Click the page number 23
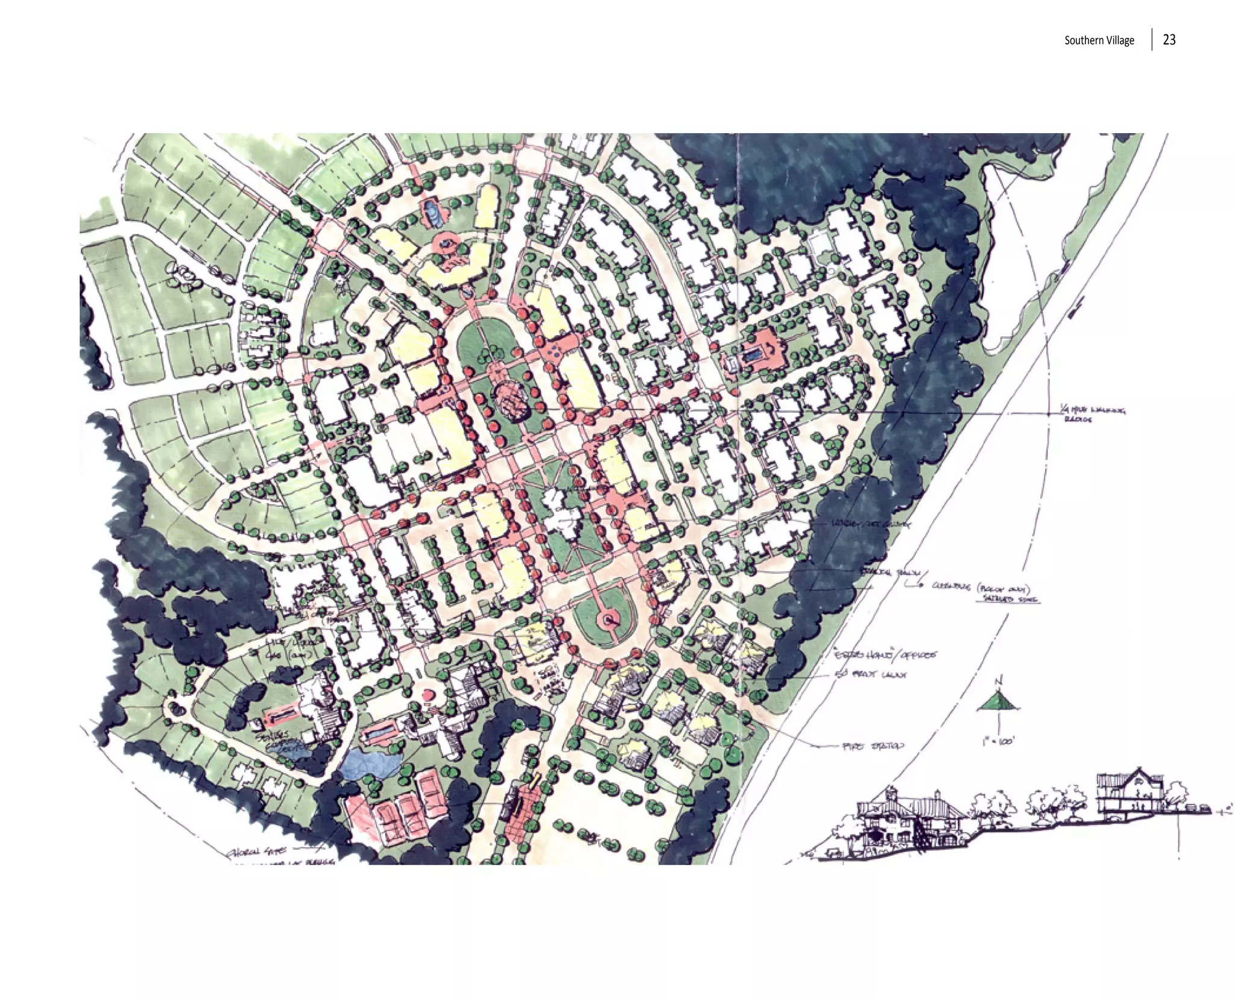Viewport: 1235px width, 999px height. pyautogui.click(x=1169, y=40)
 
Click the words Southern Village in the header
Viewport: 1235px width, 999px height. pyautogui.click(x=1099, y=40)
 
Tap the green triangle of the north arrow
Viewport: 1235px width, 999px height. pyautogui.click(x=998, y=701)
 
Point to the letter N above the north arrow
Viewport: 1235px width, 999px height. pyautogui.click(x=998, y=682)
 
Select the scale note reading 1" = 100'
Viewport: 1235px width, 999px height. pyautogui.click(x=997, y=741)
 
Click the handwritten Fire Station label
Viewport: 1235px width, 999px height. pyautogui.click(x=873, y=746)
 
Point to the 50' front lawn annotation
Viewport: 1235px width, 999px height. pyautogui.click(x=870, y=674)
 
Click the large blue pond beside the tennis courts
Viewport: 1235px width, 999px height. pyautogui.click(x=370, y=764)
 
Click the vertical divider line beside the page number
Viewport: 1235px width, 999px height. pyautogui.click(x=1152, y=40)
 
